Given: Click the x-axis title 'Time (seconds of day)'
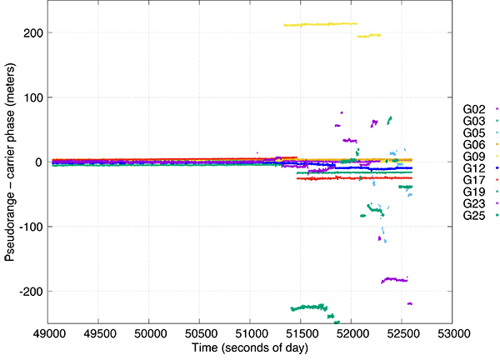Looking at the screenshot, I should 249,347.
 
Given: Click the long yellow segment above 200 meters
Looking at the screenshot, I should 321,24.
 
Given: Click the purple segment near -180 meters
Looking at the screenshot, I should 393,279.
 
